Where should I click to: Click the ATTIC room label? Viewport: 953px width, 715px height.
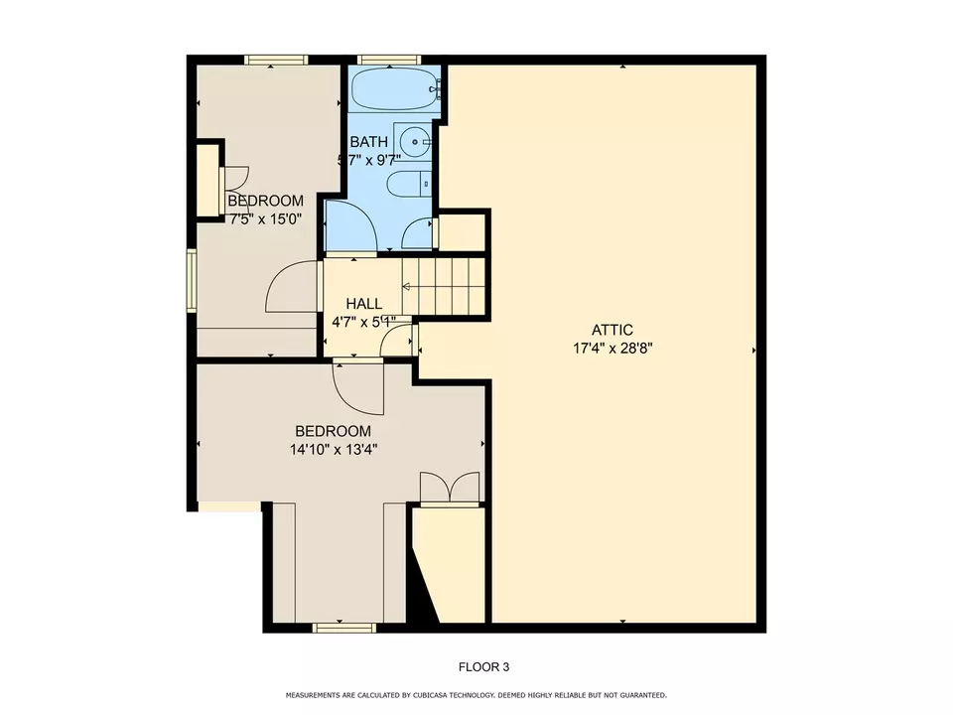[x=612, y=330]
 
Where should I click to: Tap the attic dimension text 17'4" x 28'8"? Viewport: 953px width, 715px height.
[x=612, y=348]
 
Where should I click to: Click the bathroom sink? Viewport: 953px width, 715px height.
[x=413, y=141]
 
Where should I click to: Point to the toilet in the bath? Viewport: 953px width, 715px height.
[x=408, y=183]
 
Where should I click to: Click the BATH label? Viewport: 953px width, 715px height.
[x=368, y=142]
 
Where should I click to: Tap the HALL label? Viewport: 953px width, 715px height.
[x=363, y=304]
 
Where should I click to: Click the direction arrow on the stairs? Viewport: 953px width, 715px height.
[x=407, y=287]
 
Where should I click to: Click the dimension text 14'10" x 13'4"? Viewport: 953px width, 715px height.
[x=334, y=449]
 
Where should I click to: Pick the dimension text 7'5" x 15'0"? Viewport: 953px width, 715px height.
[x=265, y=219]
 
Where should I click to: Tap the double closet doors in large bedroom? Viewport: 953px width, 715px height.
[x=450, y=488]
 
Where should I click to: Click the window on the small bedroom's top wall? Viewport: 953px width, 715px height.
[x=275, y=61]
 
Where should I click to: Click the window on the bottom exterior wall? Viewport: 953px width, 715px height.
[x=343, y=628]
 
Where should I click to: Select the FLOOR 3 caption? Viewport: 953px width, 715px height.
[x=483, y=667]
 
